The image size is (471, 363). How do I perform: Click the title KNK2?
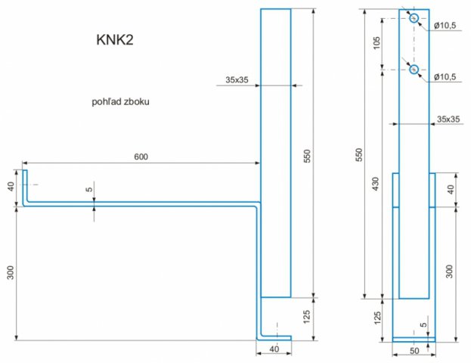[x=115, y=39]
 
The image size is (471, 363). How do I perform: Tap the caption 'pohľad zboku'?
[x=120, y=102]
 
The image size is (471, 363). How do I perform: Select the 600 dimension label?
[x=141, y=157]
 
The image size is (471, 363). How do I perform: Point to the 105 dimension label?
[x=376, y=43]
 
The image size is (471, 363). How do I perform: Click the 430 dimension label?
[x=376, y=184]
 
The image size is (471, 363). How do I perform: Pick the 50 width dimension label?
[x=414, y=351]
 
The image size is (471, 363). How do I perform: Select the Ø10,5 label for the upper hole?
[x=445, y=26]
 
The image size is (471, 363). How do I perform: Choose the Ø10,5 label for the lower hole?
[x=445, y=77]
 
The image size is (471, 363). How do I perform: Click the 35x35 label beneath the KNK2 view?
[x=237, y=80]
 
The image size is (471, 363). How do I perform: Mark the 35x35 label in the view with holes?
[x=448, y=119]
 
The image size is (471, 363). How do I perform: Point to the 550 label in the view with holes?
[x=359, y=155]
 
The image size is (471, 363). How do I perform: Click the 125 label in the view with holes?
[x=377, y=318]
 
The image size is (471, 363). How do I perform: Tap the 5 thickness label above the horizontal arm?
[x=89, y=189]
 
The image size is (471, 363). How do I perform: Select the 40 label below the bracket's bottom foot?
[x=274, y=349]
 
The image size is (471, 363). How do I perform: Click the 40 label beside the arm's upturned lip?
[x=11, y=187]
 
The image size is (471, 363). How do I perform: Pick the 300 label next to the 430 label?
[x=449, y=271]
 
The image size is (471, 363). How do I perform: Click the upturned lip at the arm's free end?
[x=25, y=186]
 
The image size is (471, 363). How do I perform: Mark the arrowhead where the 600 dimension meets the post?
[x=258, y=163]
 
